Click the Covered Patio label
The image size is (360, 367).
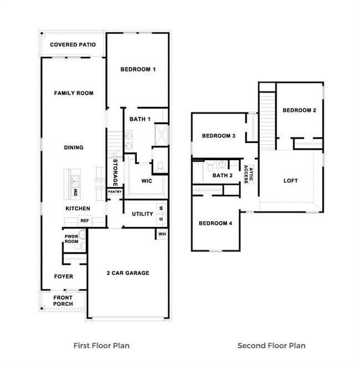pyautogui.click(x=73, y=45)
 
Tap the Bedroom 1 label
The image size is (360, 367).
pyautogui.click(x=138, y=69)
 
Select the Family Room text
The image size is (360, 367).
pyautogui.click(x=74, y=93)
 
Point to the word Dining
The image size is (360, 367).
pyautogui.click(x=74, y=147)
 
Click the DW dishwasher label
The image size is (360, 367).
pyautogui.click(x=76, y=192)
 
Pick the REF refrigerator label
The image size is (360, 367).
pyautogui.click(x=84, y=221)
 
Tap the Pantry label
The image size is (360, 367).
pyautogui.click(x=115, y=192)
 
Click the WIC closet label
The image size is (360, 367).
pyautogui.click(x=147, y=181)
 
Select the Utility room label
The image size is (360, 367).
pyautogui.click(x=142, y=214)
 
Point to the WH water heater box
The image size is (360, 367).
pyautogui.click(x=162, y=234)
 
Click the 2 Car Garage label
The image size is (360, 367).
pyautogui.click(x=128, y=273)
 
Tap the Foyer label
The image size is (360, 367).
pyautogui.click(x=63, y=276)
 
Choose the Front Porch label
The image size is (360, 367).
pyautogui.click(x=63, y=300)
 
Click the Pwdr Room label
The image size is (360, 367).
pyautogui.click(x=71, y=238)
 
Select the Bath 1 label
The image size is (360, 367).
pyautogui.click(x=140, y=119)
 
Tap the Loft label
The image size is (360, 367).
pyautogui.click(x=291, y=181)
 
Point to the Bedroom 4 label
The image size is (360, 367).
pyautogui.click(x=215, y=223)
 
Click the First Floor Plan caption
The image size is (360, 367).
pyautogui.click(x=101, y=345)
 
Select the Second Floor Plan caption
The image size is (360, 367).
pyautogui.click(x=271, y=345)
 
